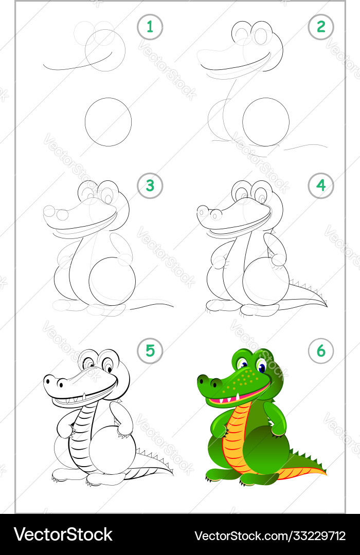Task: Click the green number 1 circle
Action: [x=150, y=27]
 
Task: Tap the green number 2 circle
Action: [x=321, y=27]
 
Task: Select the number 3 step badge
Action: [x=150, y=186]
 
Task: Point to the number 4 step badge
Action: [x=321, y=186]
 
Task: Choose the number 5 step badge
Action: [x=150, y=351]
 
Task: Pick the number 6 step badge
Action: [x=321, y=351]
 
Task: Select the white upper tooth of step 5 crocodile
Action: [x=84, y=396]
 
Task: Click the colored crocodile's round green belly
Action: [x=266, y=450]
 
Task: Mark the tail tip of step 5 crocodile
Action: [x=173, y=474]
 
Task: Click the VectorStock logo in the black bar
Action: [x=63, y=534]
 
